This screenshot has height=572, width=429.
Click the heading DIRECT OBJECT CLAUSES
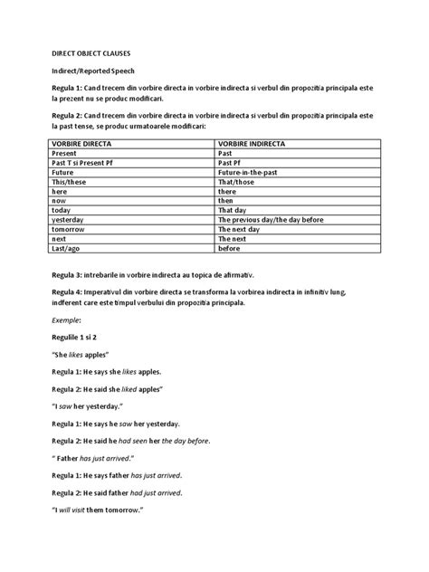point(89,53)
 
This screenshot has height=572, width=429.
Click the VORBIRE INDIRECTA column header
point(253,143)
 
